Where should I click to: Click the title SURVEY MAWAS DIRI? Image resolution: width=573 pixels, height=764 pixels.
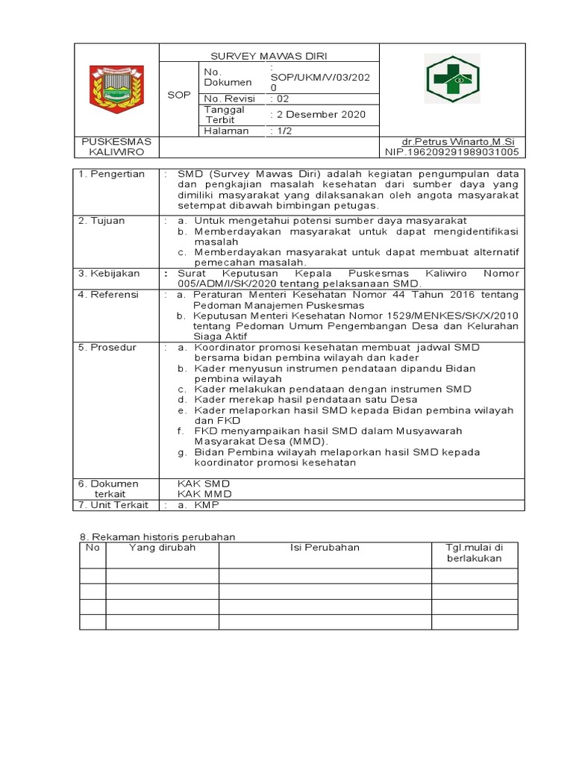(x=269, y=55)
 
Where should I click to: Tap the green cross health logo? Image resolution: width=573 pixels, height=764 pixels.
(x=453, y=82)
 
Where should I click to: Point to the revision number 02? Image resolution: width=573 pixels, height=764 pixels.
(x=281, y=98)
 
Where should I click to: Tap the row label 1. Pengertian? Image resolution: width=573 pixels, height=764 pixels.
(x=113, y=174)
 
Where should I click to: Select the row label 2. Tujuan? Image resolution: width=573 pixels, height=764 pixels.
(x=104, y=221)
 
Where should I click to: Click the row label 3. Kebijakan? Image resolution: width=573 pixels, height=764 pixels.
(x=110, y=274)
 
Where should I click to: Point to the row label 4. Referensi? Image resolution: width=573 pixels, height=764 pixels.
(x=110, y=295)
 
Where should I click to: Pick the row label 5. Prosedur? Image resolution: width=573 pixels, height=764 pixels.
(x=109, y=348)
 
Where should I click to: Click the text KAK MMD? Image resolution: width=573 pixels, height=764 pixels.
(x=204, y=494)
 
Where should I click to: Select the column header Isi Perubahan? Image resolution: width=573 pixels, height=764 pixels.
(x=325, y=548)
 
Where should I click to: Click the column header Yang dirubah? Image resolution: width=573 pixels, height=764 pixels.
(x=162, y=548)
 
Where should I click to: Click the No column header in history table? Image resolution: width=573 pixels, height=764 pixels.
(x=93, y=548)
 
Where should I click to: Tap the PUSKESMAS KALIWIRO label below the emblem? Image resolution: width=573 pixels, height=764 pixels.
(x=116, y=147)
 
